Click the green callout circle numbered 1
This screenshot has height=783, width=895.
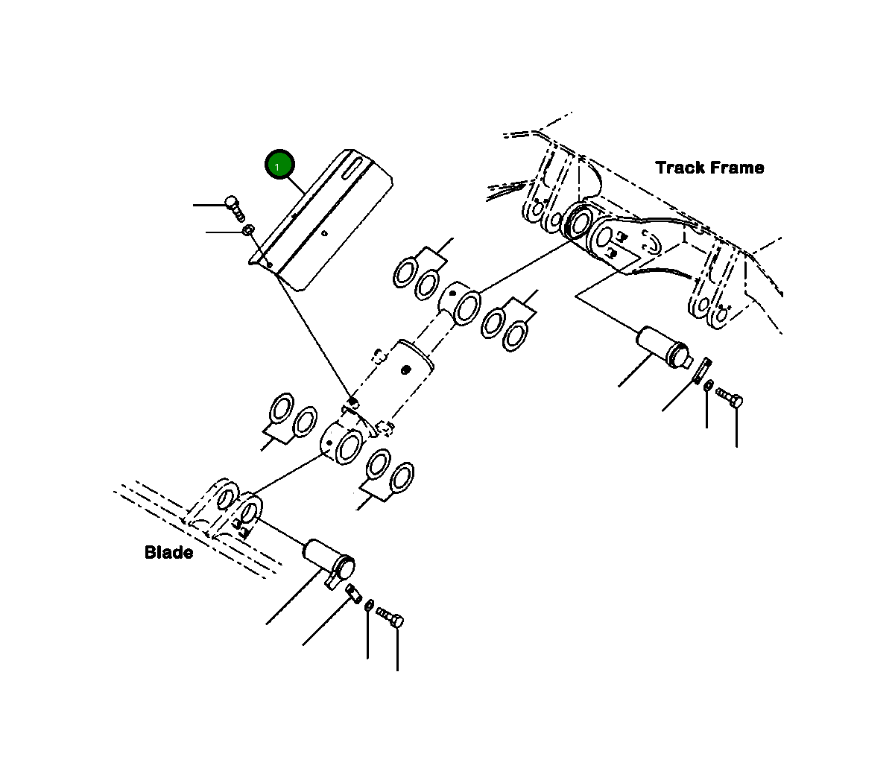point(279,165)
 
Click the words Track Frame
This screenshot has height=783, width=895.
point(709,168)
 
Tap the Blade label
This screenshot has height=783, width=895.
point(168,552)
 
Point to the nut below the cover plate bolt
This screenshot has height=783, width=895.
point(248,231)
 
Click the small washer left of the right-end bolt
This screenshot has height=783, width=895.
point(709,386)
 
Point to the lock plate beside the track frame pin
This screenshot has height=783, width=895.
point(701,370)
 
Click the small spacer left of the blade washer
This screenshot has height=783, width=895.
point(355,593)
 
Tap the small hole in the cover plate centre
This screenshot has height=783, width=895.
point(325,234)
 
